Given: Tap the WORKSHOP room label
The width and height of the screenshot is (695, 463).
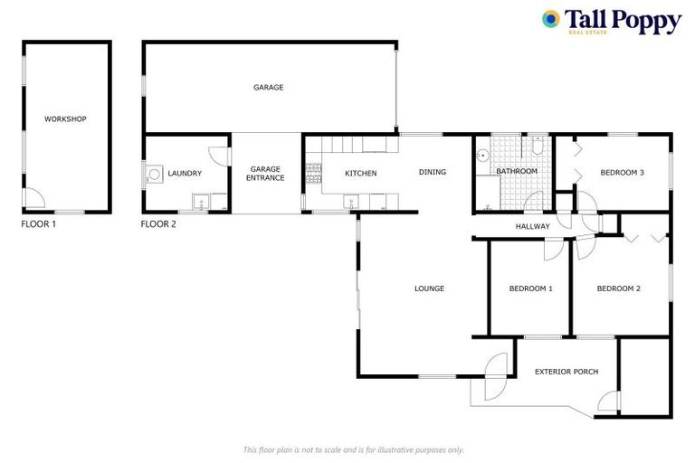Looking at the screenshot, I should (65, 118).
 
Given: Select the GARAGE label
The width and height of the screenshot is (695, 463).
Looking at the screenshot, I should (268, 88).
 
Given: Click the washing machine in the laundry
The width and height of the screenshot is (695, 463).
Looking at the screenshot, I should (155, 174).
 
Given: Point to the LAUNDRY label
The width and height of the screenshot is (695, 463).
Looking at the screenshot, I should (185, 174).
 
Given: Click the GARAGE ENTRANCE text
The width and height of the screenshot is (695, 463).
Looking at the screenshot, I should (267, 174).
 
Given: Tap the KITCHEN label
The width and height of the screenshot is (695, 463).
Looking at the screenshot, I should (360, 174).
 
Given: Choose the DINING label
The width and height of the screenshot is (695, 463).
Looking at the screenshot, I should (432, 172).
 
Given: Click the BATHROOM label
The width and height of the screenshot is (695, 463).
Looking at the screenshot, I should (516, 172).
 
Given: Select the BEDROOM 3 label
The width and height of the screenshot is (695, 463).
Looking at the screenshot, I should (622, 174).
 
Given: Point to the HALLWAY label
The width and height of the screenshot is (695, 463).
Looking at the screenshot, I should (532, 226).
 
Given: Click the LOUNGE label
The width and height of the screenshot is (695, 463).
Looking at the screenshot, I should (429, 289).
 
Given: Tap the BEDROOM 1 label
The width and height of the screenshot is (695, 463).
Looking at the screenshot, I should (530, 289).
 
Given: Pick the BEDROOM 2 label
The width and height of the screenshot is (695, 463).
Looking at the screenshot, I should (619, 289).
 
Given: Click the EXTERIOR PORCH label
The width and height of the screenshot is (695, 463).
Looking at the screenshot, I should (566, 372).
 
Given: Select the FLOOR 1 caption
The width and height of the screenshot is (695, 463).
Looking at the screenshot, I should (38, 223).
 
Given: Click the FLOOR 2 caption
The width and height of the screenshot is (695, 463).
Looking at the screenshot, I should (158, 223).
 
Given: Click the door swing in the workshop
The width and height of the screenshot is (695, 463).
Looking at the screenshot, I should (32, 198).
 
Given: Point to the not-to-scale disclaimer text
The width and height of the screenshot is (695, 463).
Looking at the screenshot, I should (354, 449).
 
